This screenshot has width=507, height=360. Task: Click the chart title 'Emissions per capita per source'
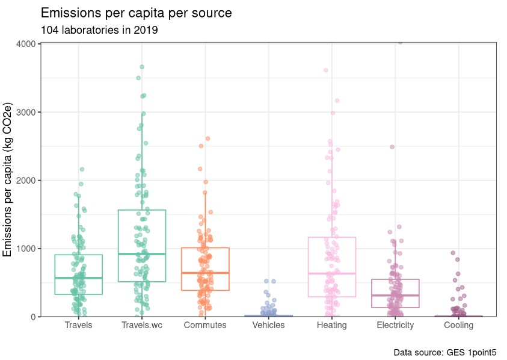(x=136, y=13)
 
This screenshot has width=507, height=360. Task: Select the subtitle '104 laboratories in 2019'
(x=99, y=29)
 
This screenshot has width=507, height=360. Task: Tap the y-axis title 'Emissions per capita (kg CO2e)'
(x=9, y=179)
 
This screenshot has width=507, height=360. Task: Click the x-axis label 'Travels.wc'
(x=142, y=325)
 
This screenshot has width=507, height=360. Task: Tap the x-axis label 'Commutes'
(x=205, y=325)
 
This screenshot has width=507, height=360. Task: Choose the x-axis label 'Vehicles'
(x=268, y=325)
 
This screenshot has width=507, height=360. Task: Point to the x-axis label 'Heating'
(x=332, y=325)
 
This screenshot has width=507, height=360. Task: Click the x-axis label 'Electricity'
(x=395, y=325)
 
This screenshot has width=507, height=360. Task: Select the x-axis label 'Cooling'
(x=459, y=325)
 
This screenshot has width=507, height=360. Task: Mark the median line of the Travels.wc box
(x=142, y=254)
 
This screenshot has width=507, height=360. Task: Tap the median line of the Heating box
(x=332, y=274)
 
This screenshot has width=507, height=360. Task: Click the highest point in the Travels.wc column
(x=142, y=67)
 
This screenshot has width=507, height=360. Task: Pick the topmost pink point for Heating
(x=326, y=70)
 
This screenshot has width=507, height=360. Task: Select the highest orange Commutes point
(x=208, y=138)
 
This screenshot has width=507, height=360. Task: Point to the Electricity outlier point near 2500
(x=392, y=147)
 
